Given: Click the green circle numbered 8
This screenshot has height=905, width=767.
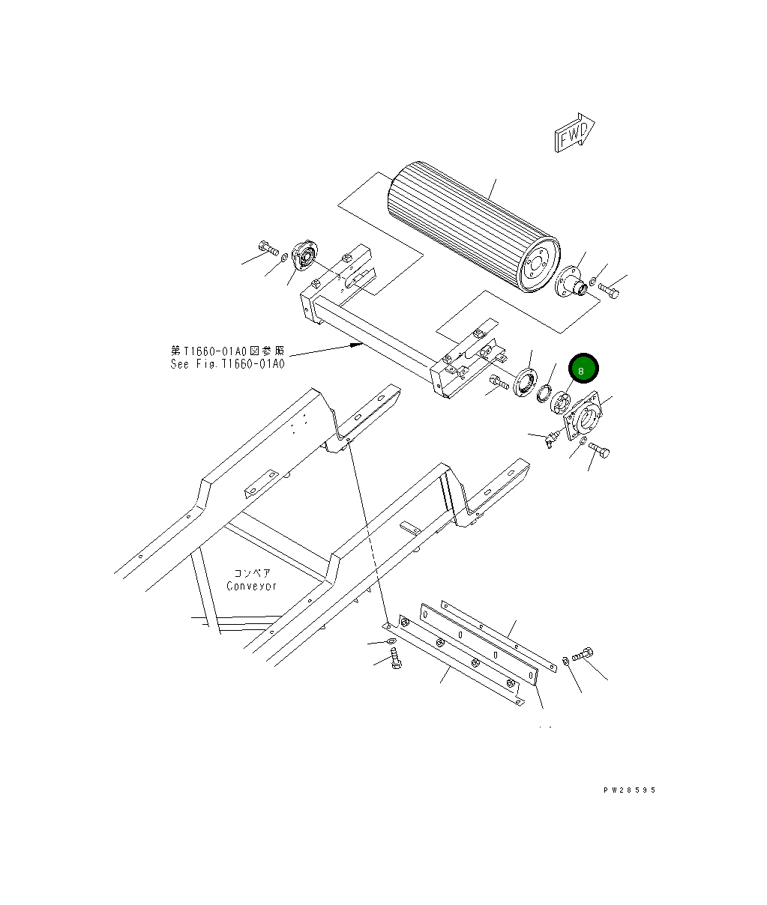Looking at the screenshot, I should tap(583, 369).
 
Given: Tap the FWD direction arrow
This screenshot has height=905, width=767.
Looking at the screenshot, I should tap(574, 135).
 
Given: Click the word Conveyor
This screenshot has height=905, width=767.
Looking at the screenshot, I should tap(252, 586).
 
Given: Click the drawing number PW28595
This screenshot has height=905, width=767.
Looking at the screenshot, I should tap(629, 790).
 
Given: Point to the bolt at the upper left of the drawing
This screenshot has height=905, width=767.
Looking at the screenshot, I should tap(267, 247).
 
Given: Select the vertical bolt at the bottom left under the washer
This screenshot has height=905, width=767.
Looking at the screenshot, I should tap(395, 659).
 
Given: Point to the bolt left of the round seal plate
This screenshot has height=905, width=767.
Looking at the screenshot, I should tap(499, 384).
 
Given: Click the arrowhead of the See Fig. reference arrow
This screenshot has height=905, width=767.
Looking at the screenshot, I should tap(359, 346).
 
